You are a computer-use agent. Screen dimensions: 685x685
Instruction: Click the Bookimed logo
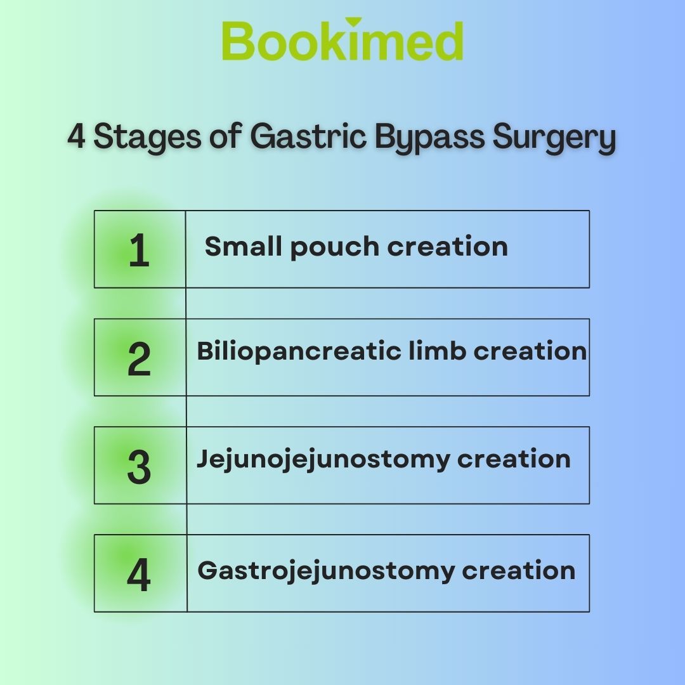tap(342, 39)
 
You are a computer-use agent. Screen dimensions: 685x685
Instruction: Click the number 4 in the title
tap(76, 136)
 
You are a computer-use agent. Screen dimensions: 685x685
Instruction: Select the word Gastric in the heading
tap(308, 136)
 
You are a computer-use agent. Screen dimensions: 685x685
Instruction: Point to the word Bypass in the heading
tap(429, 138)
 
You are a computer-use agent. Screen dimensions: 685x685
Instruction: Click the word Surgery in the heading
tap(554, 138)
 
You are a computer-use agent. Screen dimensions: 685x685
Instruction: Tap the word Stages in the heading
tap(147, 138)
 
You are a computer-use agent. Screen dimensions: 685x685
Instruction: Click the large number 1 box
tap(140, 249)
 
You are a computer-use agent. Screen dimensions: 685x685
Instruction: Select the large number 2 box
tap(140, 357)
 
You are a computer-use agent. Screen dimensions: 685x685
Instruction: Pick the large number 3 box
tap(140, 466)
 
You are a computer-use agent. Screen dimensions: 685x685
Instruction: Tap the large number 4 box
tap(140, 573)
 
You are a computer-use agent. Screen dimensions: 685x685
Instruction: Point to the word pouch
tap(335, 248)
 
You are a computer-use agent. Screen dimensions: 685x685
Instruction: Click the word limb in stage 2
tap(437, 350)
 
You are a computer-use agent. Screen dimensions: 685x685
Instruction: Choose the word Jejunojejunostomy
tap(323, 460)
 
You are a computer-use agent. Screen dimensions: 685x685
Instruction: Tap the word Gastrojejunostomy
tap(326, 572)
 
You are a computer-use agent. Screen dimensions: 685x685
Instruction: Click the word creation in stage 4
tap(519, 571)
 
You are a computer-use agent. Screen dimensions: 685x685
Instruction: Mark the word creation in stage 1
tap(448, 247)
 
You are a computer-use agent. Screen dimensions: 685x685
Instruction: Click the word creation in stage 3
tap(514, 459)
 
